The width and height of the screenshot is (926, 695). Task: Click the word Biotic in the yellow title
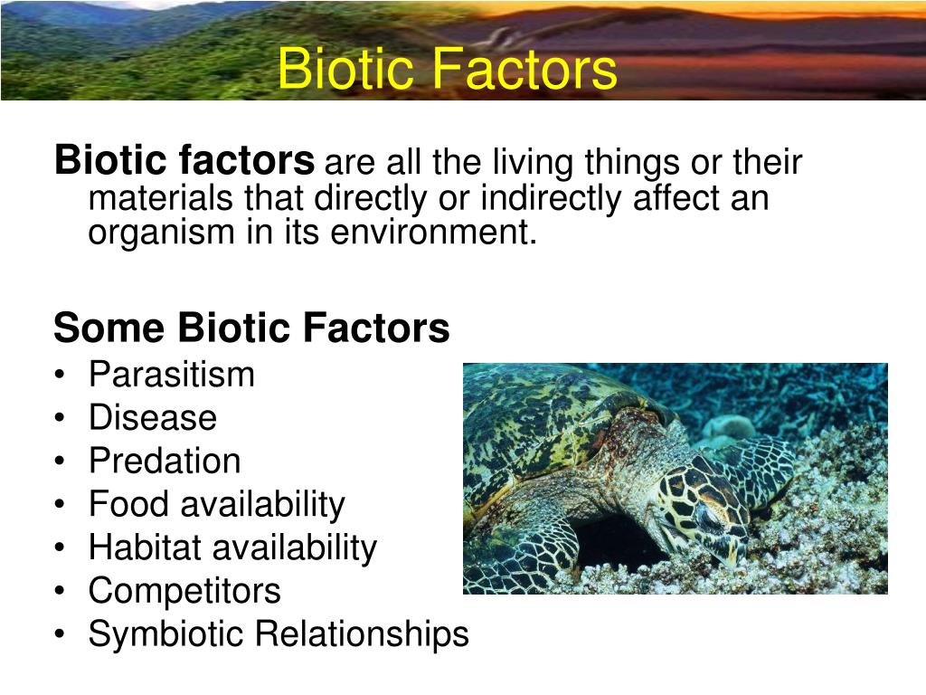[345, 68]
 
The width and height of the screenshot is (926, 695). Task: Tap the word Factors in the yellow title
[525, 68]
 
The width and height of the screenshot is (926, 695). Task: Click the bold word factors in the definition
[246, 159]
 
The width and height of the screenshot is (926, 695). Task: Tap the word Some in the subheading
[109, 328]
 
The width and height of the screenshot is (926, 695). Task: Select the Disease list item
[152, 417]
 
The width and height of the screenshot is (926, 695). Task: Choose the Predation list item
[165, 461]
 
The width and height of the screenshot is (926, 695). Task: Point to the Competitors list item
[184, 590]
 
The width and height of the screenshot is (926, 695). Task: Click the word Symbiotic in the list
[166, 635]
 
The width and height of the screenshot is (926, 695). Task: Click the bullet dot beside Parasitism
[59, 375]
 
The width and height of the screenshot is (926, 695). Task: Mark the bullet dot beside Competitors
[59, 591]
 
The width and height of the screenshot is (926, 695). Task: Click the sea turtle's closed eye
[712, 513]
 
